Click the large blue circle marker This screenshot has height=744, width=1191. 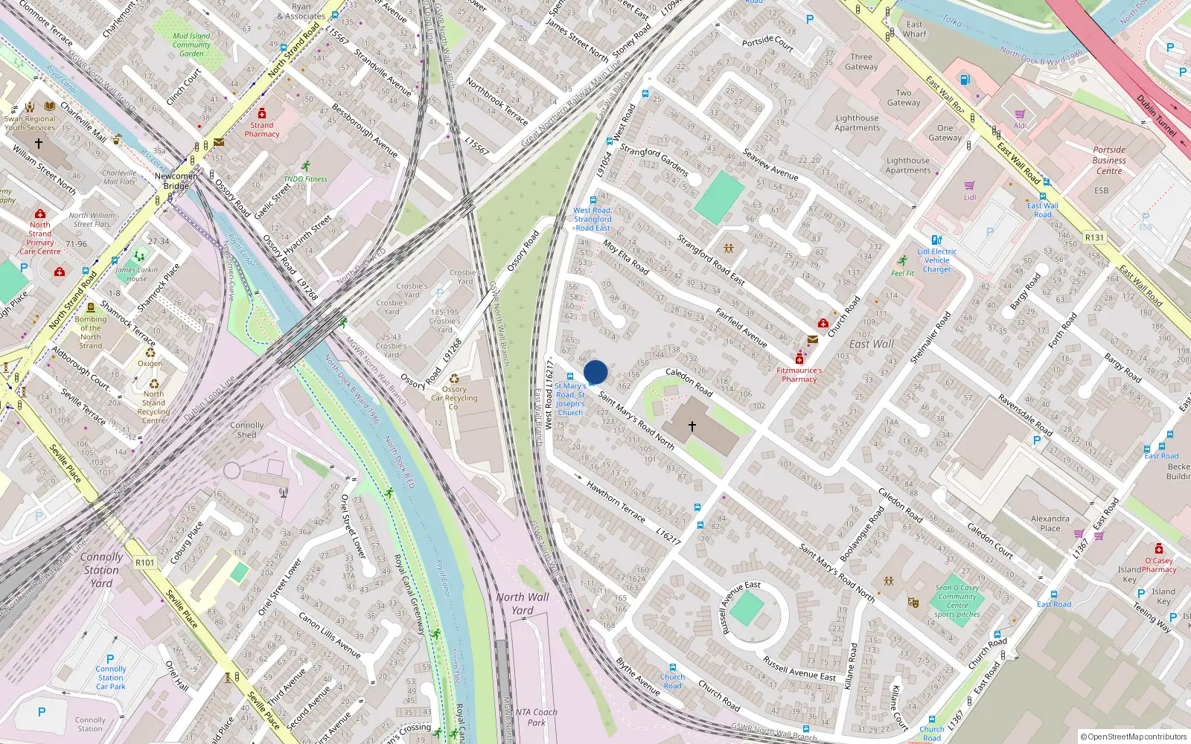point(595,372)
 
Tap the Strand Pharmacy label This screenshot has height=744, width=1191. point(262,129)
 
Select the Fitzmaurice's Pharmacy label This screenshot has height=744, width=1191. point(799,374)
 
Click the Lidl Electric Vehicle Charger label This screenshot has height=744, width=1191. point(936,260)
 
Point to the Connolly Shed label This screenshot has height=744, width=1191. point(246,430)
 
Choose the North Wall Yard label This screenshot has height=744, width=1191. point(523,603)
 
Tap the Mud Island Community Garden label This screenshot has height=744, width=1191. point(191,45)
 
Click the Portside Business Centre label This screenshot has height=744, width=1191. point(1109,160)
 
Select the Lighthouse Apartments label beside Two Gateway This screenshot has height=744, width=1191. point(857,123)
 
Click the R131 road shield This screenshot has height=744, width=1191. point(1094,238)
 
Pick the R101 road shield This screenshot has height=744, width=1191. point(145,562)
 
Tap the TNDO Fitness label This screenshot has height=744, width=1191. point(305,179)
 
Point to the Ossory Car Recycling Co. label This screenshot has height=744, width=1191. point(454,398)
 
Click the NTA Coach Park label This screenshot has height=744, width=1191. point(536,717)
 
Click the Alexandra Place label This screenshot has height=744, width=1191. point(1050,523)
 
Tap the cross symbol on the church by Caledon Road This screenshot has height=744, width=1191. point(692,426)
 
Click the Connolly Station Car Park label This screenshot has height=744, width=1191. point(110,677)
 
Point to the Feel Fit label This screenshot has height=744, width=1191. point(902,273)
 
